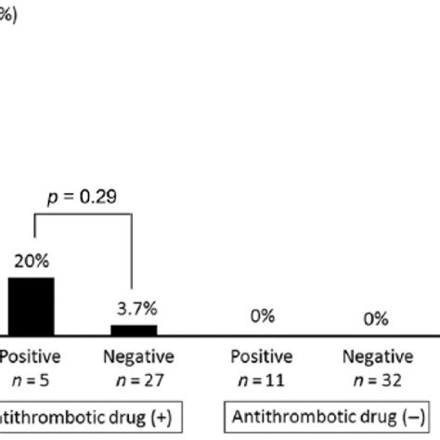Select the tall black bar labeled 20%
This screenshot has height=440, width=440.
[31, 306]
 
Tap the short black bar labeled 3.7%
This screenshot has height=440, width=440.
[134, 330]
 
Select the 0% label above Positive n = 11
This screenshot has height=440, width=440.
[262, 317]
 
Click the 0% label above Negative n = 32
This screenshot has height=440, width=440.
[375, 319]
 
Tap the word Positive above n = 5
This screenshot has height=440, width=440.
[29, 356]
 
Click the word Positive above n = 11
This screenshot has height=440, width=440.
[263, 356]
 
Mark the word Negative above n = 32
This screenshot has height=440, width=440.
[375, 356]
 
